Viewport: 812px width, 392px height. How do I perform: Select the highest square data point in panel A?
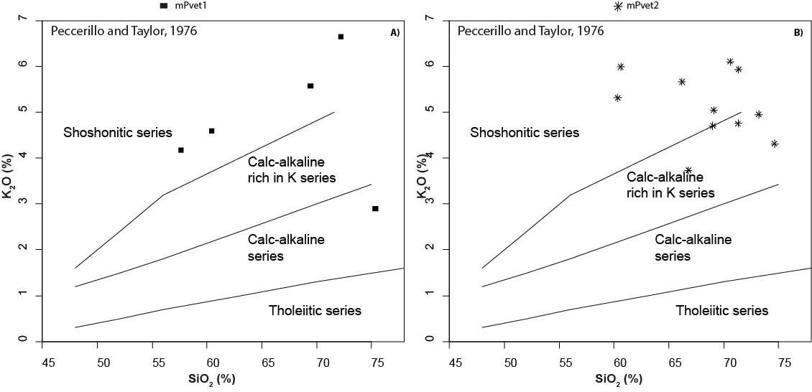point(341,37)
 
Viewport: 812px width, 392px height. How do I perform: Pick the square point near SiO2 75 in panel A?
point(375,208)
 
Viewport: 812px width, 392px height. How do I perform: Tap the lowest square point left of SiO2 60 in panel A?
point(181,150)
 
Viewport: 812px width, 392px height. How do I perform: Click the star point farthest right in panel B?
point(775,144)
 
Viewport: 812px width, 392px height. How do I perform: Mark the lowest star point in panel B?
point(688,170)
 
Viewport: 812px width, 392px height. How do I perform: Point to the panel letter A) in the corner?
point(395,32)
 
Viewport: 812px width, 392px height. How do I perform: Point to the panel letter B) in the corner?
point(798,32)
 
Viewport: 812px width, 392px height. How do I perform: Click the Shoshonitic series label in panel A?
point(118,132)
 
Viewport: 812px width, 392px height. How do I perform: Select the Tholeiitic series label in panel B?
point(722,311)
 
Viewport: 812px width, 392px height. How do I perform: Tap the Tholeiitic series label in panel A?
point(315,311)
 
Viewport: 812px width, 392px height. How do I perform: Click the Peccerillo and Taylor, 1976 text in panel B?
point(530,31)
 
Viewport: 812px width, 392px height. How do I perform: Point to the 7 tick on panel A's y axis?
point(24,19)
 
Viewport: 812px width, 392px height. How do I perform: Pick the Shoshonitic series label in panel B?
point(525,132)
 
